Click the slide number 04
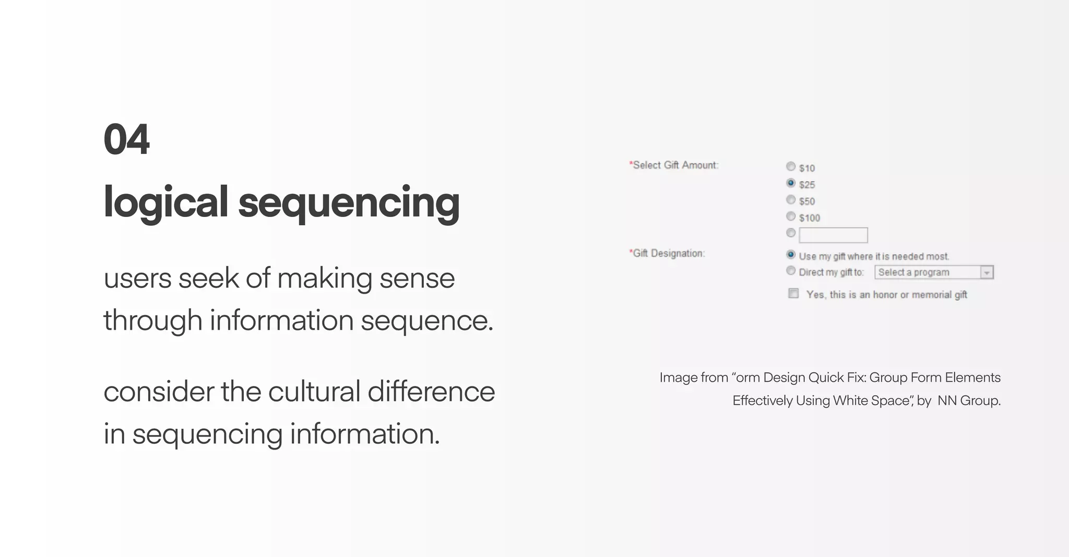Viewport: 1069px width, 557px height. [126, 140]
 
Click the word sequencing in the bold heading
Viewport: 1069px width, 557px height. [349, 202]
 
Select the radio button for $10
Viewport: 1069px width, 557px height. [791, 166]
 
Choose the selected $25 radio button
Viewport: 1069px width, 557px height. [791, 183]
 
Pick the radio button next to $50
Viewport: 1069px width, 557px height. [791, 200]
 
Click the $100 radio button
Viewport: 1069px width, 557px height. [791, 216]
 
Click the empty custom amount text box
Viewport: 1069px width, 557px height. [833, 235]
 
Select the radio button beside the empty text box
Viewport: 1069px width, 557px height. [791, 233]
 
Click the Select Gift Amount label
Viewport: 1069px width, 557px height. [674, 165]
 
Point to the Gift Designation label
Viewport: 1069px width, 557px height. [667, 253]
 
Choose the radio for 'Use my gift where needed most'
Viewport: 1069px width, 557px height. [791, 255]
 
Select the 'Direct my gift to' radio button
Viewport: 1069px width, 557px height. [791, 271]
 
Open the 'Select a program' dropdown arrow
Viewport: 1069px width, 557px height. [987, 273]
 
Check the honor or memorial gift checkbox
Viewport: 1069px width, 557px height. [793, 294]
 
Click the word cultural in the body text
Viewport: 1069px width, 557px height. [314, 392]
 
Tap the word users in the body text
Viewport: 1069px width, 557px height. [137, 278]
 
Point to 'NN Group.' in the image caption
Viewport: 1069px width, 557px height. [969, 401]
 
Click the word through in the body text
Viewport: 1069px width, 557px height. [153, 320]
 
